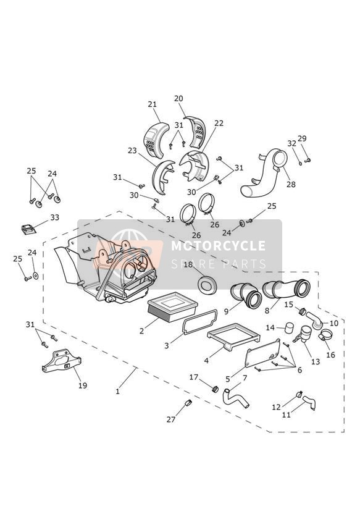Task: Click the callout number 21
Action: click(x=153, y=104)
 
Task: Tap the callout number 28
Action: click(x=291, y=184)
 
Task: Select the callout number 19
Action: click(x=83, y=385)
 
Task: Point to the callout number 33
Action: click(x=54, y=217)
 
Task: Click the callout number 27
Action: click(x=171, y=419)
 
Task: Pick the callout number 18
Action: click(x=188, y=264)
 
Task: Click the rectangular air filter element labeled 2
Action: click(x=173, y=306)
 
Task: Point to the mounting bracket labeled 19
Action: click(x=62, y=361)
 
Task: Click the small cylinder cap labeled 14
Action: click(x=288, y=328)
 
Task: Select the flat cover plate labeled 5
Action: click(x=263, y=353)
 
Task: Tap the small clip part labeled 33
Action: click(x=28, y=229)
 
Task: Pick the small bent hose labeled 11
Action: click(x=309, y=402)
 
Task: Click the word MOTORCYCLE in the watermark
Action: click(x=218, y=246)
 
